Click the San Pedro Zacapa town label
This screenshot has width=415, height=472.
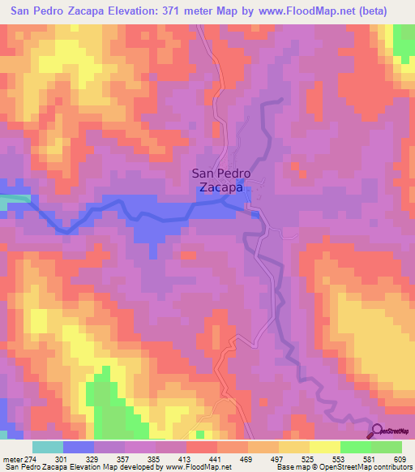click(220, 180)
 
